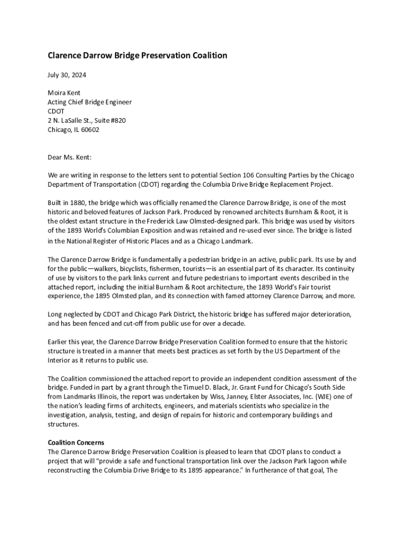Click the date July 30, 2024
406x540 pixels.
pos(67,75)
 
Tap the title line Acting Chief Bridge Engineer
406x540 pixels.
pos(90,102)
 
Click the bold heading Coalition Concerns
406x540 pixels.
pos(76,442)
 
